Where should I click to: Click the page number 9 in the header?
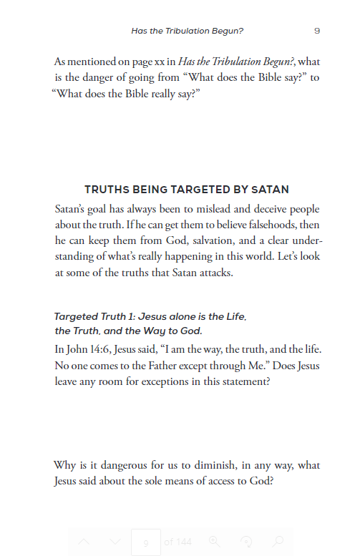pyautogui.click(x=316, y=31)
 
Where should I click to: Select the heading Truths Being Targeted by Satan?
pyautogui.click(x=187, y=190)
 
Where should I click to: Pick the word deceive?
pyautogui.click(x=273, y=209)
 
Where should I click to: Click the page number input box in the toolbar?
pyautogui.click(x=146, y=542)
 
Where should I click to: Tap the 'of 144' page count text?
pyautogui.click(x=178, y=542)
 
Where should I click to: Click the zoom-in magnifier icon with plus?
pyautogui.click(x=214, y=542)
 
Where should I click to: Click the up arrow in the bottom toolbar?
pyautogui.click(x=84, y=542)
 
